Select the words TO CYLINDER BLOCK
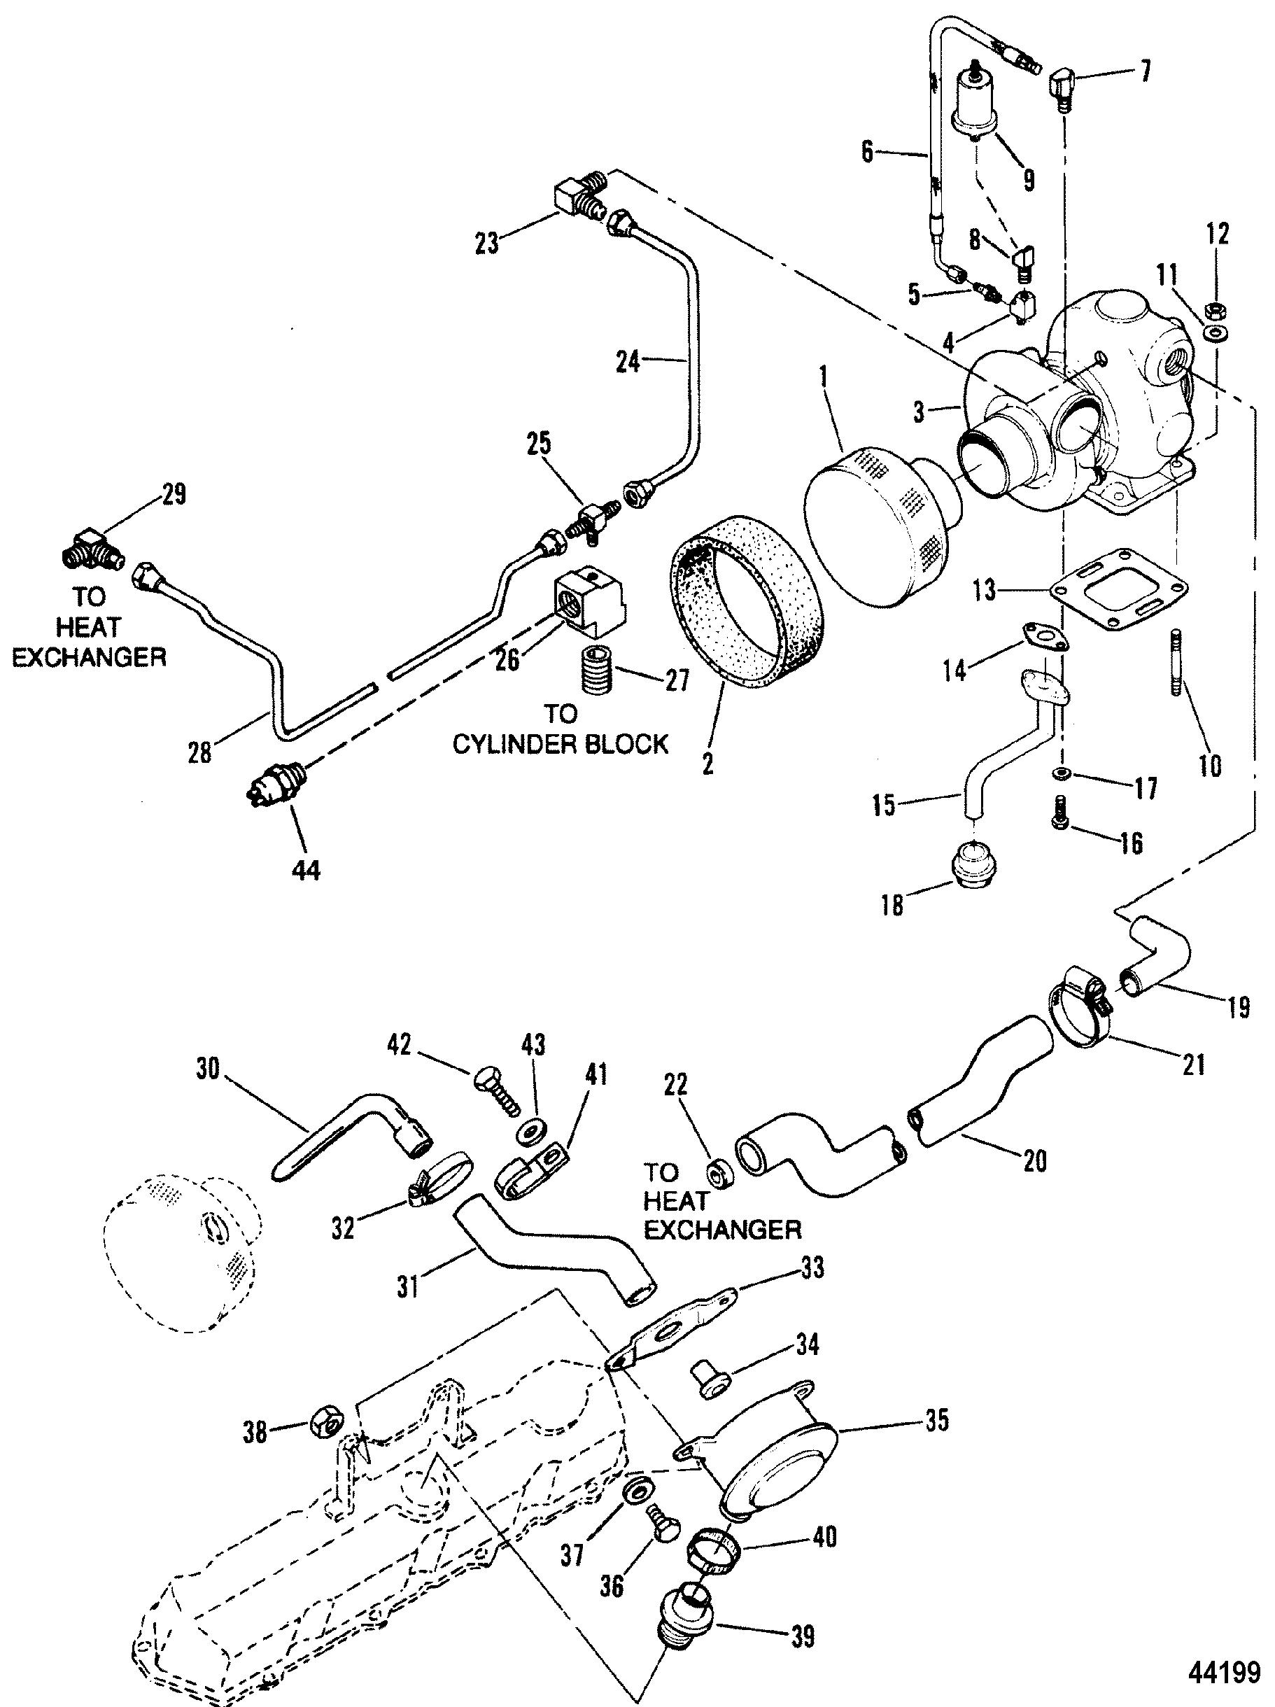coord(561,729)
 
